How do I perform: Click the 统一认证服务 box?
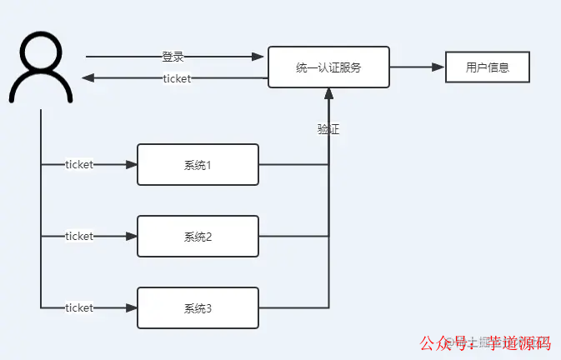click(x=328, y=67)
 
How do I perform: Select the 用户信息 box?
click(x=488, y=67)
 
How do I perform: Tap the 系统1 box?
click(x=198, y=165)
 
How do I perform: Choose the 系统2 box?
click(x=198, y=236)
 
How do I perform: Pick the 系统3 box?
click(x=198, y=307)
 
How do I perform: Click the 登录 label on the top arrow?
click(x=173, y=57)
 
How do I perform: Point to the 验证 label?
click(x=328, y=129)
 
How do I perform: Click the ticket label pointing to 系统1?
click(x=79, y=165)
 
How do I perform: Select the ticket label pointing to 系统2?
click(x=79, y=236)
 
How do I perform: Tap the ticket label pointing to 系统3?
click(x=79, y=307)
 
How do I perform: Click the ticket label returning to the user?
click(x=177, y=78)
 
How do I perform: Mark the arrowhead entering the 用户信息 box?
click(x=438, y=67)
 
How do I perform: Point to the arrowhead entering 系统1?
click(x=131, y=165)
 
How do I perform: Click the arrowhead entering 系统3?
click(x=131, y=307)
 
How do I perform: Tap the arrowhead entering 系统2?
click(x=131, y=236)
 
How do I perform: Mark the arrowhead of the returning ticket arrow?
click(x=88, y=78)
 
